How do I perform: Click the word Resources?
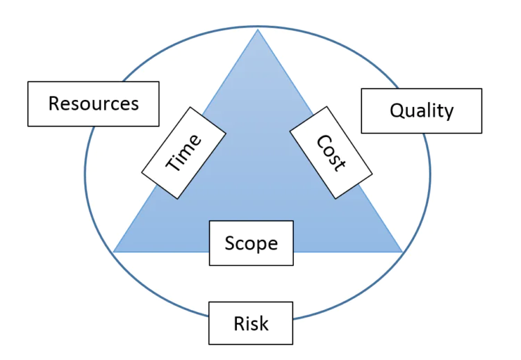click(93, 104)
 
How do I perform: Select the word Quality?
click(422, 111)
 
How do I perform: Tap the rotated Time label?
click(183, 152)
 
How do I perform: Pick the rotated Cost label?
click(331, 152)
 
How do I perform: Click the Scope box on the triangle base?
click(251, 243)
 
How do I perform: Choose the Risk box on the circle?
click(251, 323)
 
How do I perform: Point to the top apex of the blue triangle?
click(258, 28)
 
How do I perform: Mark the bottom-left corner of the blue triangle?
click(114, 252)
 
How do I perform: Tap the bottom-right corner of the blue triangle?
click(402, 252)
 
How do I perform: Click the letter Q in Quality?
click(397, 111)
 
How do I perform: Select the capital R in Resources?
click(54, 104)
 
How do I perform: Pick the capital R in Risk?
click(238, 323)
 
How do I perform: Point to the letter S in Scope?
click(230, 243)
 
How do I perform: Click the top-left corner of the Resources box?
click(28, 82)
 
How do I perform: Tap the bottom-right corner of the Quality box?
click(482, 133)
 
